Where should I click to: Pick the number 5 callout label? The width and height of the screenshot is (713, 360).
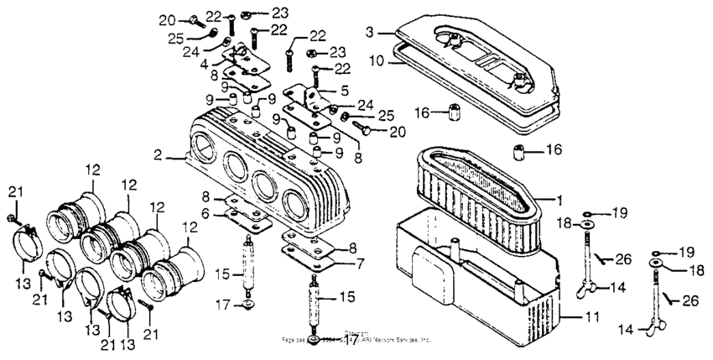(345, 90)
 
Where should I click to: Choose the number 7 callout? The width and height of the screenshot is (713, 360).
(359, 263)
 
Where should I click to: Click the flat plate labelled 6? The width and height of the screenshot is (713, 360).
(247, 218)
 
